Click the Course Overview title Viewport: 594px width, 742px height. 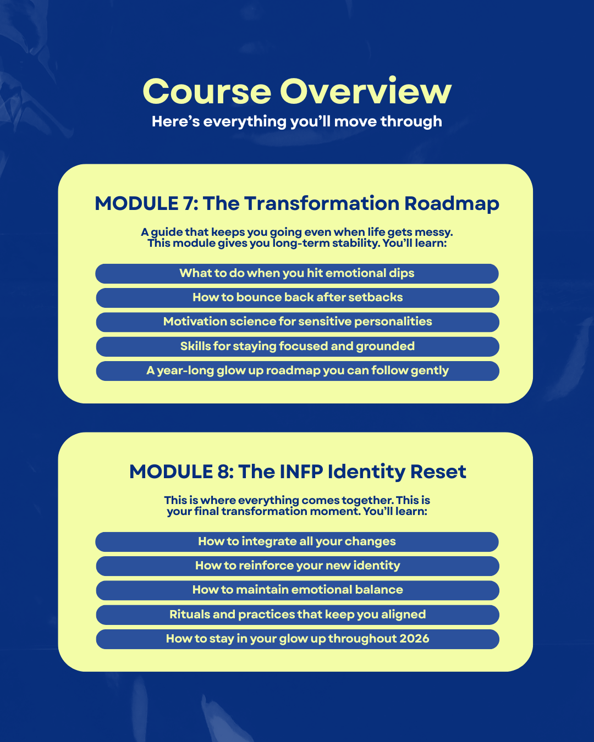(297, 91)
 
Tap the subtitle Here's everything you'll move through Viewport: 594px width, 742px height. (297, 121)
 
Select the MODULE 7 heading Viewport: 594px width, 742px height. (297, 203)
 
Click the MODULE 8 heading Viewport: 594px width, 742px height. (297, 472)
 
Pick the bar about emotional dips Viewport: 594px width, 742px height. (297, 273)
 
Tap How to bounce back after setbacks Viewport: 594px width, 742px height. (297, 297)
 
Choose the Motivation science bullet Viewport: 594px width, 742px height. (297, 322)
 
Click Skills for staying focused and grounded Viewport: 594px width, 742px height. (297, 346)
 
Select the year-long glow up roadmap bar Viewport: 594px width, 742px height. (297, 370)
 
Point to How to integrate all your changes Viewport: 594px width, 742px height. (297, 541)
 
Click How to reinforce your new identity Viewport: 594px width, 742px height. (297, 566)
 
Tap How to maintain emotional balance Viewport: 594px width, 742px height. (297, 590)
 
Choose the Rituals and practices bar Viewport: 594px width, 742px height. (297, 614)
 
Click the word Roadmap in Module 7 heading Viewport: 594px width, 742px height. (452, 203)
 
